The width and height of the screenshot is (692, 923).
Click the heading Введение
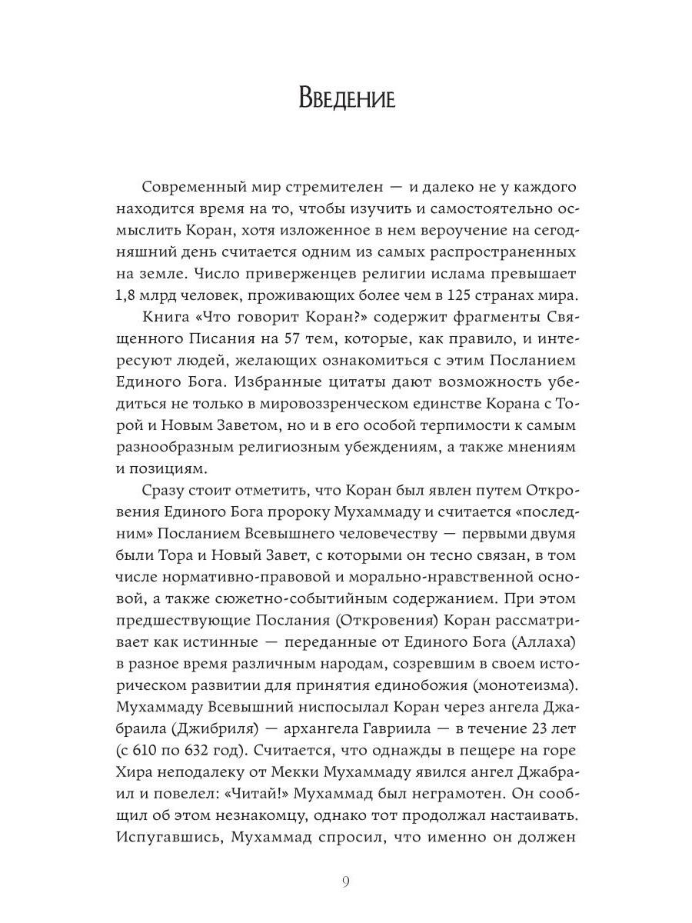tap(346, 98)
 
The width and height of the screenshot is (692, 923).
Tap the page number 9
tap(346, 881)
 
